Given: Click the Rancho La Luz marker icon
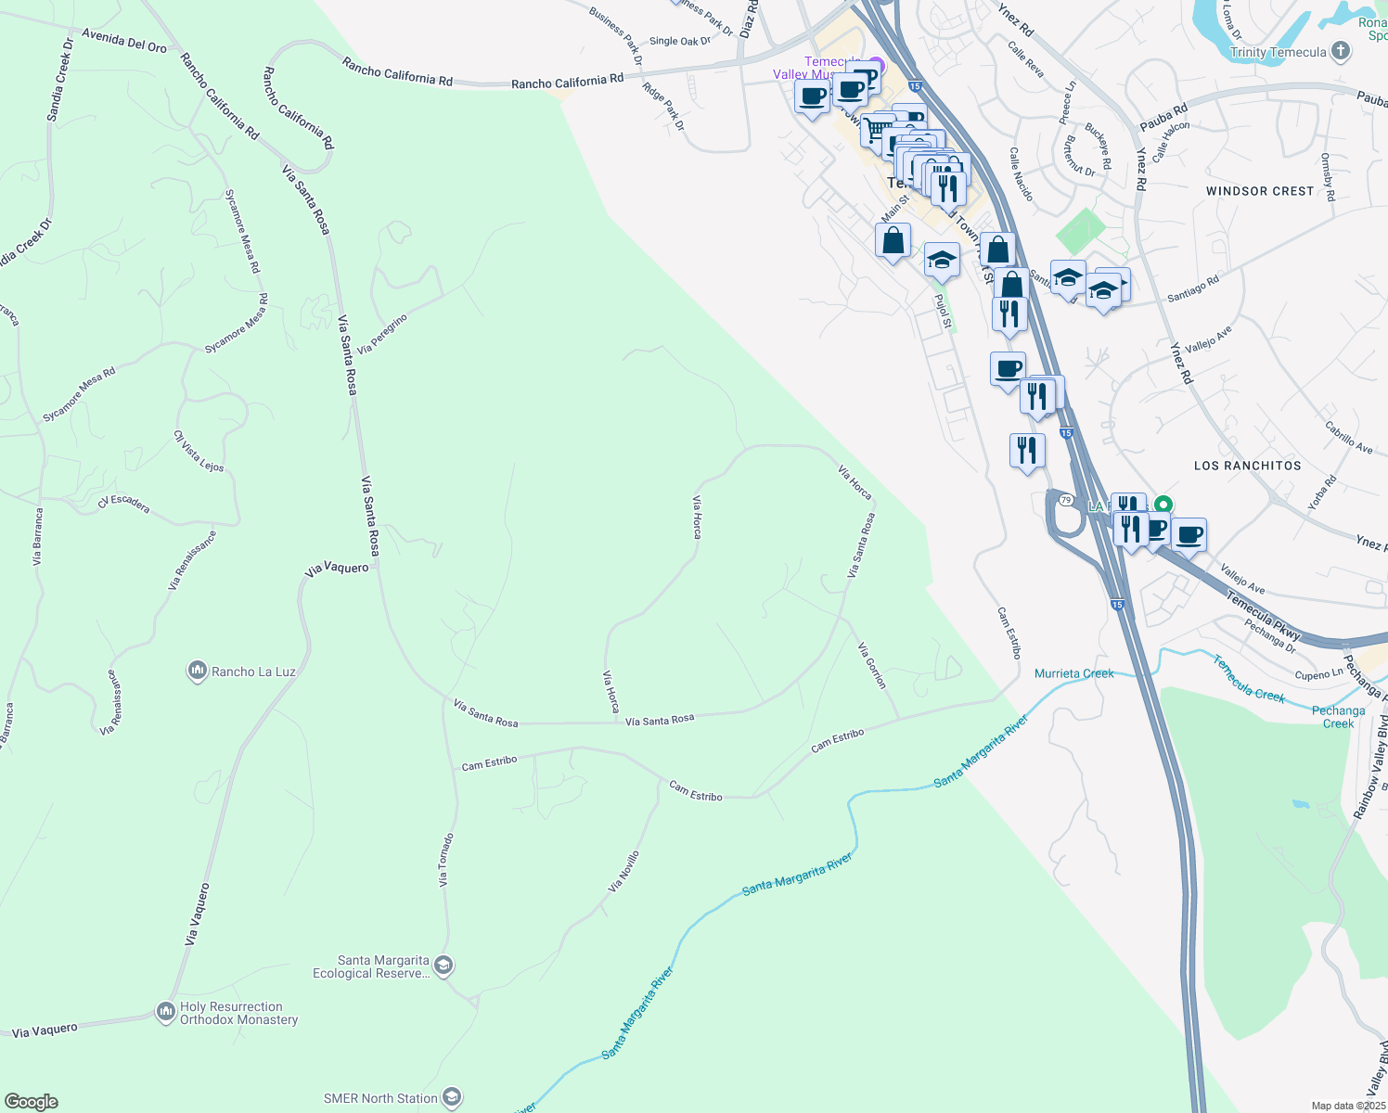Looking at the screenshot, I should coord(197,671).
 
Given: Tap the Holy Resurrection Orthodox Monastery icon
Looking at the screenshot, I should coord(166,1011).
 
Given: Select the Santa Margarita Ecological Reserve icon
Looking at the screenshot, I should coord(443,966).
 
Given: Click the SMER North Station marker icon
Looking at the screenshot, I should coord(452,1097).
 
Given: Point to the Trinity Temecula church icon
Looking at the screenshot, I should coord(1340,51).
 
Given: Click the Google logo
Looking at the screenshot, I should coord(32,1102).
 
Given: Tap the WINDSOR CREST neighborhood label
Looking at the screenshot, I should coord(1259,191).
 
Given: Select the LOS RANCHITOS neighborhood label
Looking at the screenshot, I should coord(1247,466).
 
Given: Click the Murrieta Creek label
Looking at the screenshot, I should coord(1073,673).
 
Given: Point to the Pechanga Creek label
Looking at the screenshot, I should coord(1338,717).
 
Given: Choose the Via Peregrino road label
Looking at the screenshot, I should coord(382,334).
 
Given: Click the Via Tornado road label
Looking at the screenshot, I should coord(446,860).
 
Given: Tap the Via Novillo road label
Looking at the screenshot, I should coord(623,872).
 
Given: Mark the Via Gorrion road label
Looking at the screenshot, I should coord(872,665).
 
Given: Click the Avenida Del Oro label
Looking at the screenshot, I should coord(124,40).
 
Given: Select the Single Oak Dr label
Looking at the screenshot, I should coord(680,41).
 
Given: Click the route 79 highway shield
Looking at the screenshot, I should coord(1066,501).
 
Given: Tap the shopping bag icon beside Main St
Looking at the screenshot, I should coord(893,241).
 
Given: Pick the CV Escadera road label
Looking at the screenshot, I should coord(123,504).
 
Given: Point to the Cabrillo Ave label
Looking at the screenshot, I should coord(1348,438).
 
